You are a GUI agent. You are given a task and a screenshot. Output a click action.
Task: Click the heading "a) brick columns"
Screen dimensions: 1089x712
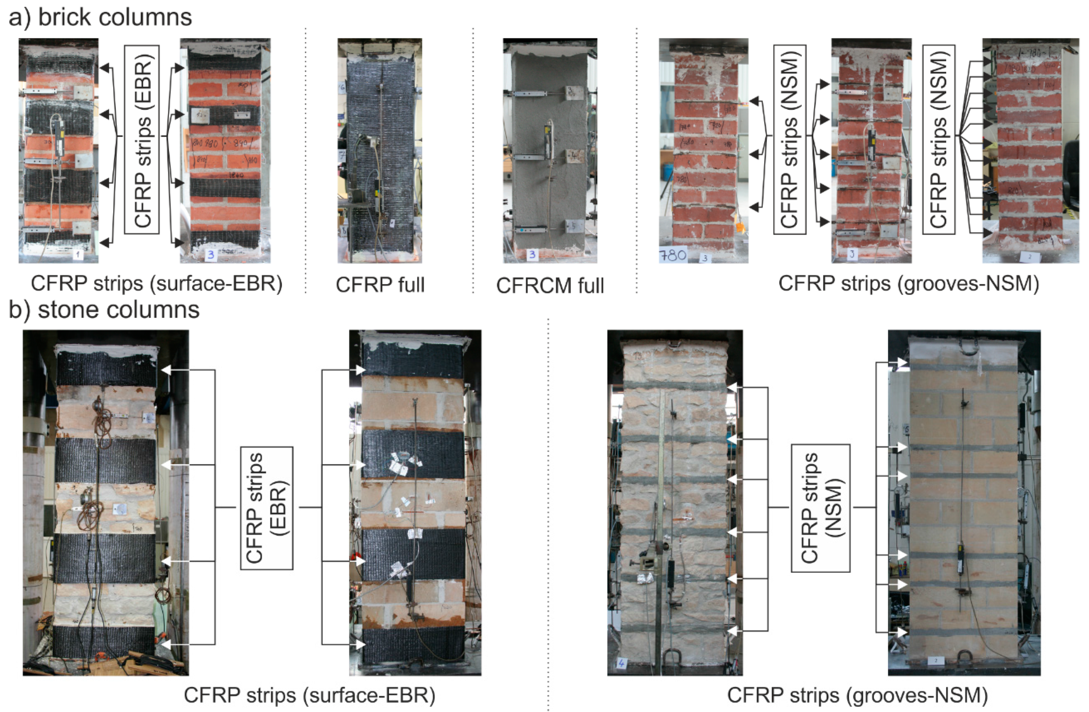click(100, 17)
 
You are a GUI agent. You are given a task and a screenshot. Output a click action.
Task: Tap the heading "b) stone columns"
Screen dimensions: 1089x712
click(104, 310)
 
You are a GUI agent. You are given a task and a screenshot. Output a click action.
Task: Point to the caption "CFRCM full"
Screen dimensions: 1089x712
click(550, 285)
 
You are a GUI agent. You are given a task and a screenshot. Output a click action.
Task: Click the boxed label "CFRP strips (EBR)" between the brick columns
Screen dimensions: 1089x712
click(142, 140)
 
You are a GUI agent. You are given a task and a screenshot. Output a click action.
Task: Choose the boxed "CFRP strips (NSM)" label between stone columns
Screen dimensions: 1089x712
click(820, 508)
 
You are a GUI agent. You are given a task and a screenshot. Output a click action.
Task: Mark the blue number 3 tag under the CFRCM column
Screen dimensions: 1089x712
click(532, 254)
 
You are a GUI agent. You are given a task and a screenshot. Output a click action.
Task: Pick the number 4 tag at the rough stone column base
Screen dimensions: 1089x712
click(621, 662)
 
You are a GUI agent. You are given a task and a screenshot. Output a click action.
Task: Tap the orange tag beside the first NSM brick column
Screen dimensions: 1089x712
click(738, 227)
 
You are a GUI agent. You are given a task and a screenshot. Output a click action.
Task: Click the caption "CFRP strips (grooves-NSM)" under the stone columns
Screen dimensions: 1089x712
click(857, 695)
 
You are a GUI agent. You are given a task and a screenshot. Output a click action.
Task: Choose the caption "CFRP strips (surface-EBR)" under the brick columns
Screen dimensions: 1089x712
click(156, 284)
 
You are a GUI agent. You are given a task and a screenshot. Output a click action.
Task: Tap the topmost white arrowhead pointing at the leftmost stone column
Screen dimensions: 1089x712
click(166, 370)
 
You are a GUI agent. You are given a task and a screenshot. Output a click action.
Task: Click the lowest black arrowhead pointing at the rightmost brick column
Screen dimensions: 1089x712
click(987, 233)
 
